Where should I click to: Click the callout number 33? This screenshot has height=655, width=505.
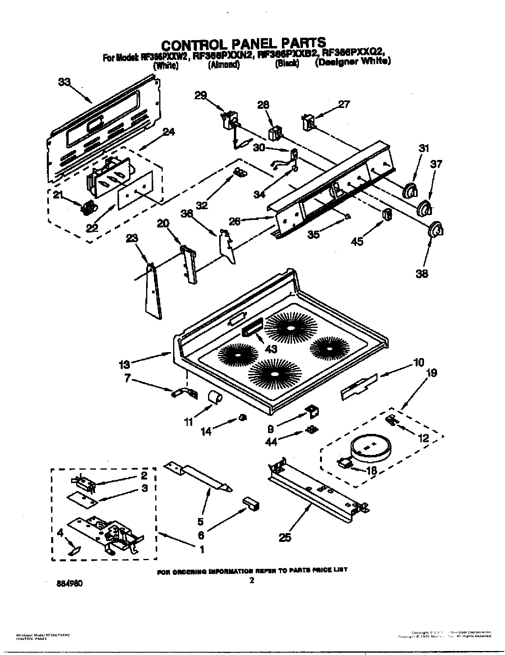pos(64,82)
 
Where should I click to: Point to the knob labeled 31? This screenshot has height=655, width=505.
pos(410,191)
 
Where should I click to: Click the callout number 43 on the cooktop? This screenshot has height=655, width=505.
pos(271,349)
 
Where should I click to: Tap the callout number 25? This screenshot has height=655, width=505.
pos(285,537)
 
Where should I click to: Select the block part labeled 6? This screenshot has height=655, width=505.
pos(251,503)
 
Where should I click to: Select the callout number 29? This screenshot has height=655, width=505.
pos(201,95)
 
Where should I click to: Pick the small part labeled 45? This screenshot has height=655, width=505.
pos(386,215)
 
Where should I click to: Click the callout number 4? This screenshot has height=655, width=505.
pos(60,533)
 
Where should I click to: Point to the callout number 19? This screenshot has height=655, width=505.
pos(431,373)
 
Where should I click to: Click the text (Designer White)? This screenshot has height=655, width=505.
pos(353,62)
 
